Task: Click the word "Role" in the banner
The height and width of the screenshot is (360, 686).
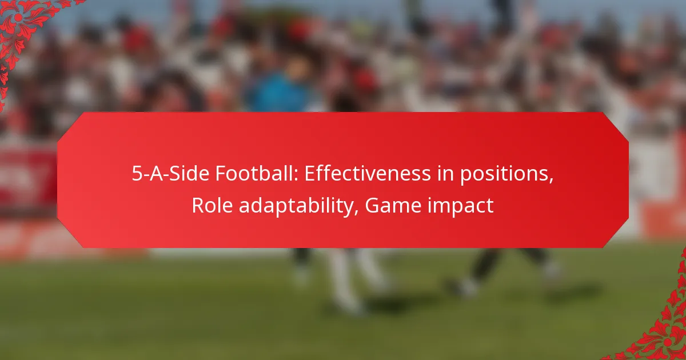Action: tap(211, 205)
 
